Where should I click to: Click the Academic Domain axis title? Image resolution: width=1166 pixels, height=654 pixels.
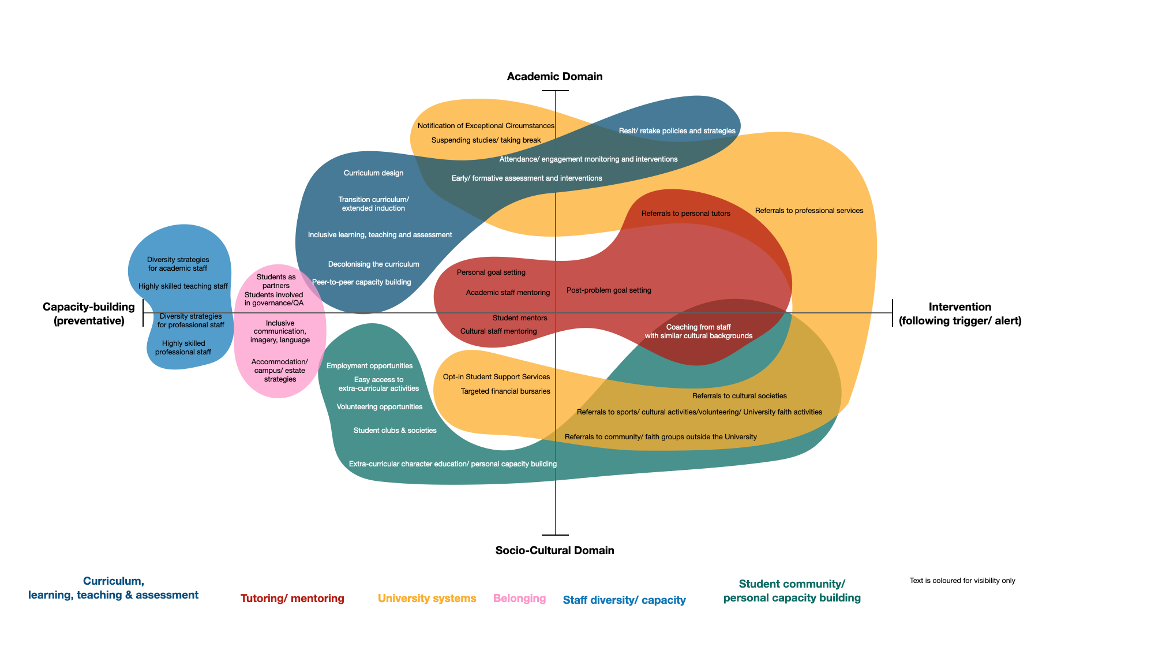pos(554,77)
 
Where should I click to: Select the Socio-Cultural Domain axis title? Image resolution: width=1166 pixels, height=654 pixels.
pos(554,550)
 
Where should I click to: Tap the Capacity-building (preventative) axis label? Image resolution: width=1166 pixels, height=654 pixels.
pos(89,313)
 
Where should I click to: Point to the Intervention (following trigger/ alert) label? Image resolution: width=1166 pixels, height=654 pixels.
pos(959,313)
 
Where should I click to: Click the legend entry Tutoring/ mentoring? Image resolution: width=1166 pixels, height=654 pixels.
pos(292,599)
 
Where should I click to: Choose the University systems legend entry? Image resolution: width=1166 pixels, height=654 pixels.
pos(427,599)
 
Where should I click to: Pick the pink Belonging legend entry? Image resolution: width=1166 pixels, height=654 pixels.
pos(519,599)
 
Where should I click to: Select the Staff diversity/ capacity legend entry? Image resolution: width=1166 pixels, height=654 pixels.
pos(624,600)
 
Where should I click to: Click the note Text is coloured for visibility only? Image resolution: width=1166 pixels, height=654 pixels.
pos(962,581)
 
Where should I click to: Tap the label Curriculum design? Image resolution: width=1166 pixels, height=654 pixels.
pos(373,173)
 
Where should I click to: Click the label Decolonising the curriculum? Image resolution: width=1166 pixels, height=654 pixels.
pos(373,264)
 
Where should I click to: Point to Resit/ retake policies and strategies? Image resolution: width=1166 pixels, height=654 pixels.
pos(677,131)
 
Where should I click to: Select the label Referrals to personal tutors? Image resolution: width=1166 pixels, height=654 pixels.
pos(685,214)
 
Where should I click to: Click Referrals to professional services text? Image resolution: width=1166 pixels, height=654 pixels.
pos(809,211)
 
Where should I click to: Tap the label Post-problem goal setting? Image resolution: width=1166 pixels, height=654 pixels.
pos(609,290)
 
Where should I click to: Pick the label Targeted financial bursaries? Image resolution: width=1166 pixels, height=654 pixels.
pos(505,391)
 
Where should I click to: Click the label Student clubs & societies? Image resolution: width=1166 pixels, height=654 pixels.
pos(395,431)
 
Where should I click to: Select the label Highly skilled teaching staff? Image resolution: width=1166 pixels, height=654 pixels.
pos(183,286)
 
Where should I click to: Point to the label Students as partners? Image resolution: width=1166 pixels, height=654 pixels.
pos(276,281)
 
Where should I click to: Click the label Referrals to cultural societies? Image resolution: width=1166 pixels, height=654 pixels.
pos(739,396)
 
